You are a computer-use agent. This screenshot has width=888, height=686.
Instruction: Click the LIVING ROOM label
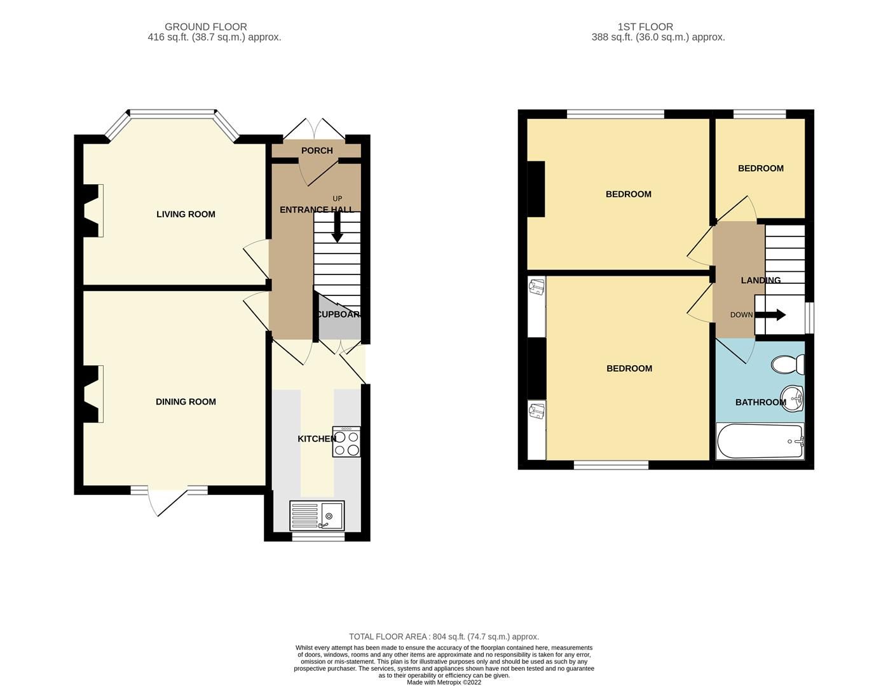[x=186, y=215]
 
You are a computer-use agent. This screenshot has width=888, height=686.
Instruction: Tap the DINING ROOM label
[x=186, y=402]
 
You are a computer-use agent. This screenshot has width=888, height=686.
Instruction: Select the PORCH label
[x=317, y=151]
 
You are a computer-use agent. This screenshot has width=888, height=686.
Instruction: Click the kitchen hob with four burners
[x=346, y=441]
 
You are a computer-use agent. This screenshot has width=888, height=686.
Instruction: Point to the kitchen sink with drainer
[x=317, y=515]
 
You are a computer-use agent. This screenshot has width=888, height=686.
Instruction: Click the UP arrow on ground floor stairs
[x=337, y=227]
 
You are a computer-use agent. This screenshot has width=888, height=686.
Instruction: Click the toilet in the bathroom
[x=788, y=365]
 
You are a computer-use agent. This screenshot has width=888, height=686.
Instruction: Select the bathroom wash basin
[x=793, y=399]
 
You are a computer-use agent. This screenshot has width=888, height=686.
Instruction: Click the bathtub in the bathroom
[x=760, y=441]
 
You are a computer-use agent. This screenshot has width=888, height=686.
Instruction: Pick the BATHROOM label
[x=760, y=403]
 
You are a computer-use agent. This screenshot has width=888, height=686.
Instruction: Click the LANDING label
[x=760, y=280]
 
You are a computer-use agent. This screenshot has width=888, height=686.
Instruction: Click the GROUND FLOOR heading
[x=205, y=27]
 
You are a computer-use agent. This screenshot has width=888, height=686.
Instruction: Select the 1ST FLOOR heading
[x=645, y=27]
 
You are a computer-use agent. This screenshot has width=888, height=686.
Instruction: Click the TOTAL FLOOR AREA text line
[x=444, y=636]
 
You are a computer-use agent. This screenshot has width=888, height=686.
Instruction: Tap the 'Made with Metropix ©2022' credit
[x=444, y=682]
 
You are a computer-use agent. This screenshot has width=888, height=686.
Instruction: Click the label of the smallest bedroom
[x=760, y=168]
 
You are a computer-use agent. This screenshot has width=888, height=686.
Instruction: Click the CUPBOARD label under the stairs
[x=339, y=314]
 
